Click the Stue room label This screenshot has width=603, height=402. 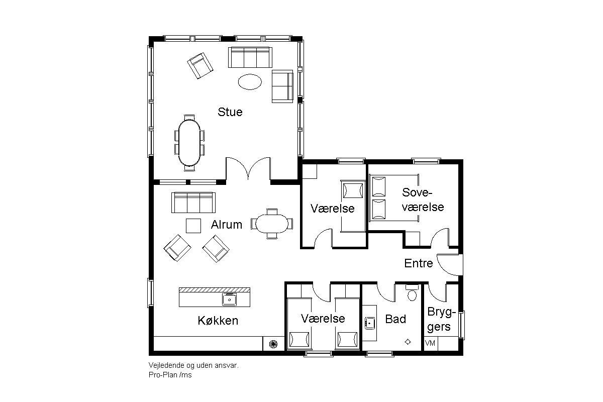(230, 112)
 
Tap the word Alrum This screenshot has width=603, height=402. (227, 225)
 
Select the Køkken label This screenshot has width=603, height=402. (218, 321)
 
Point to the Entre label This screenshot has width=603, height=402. (418, 263)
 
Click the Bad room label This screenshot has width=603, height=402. (395, 319)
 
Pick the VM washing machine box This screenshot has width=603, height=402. (431, 343)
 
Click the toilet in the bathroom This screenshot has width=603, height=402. (412, 292)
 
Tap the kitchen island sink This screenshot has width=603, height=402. (229, 299)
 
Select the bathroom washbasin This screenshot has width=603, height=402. (370, 323)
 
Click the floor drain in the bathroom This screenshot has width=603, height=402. (408, 342)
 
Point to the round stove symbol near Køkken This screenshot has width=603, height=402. (273, 344)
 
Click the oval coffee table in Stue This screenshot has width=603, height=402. (250, 82)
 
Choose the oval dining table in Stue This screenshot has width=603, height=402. (189, 143)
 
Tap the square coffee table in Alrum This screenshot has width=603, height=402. (193, 226)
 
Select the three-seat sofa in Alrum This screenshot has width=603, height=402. (193, 203)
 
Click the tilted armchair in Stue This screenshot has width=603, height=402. (200, 66)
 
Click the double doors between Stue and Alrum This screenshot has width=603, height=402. (248, 168)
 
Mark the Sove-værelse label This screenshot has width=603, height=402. (423, 200)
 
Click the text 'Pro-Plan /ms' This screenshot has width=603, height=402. (170, 375)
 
